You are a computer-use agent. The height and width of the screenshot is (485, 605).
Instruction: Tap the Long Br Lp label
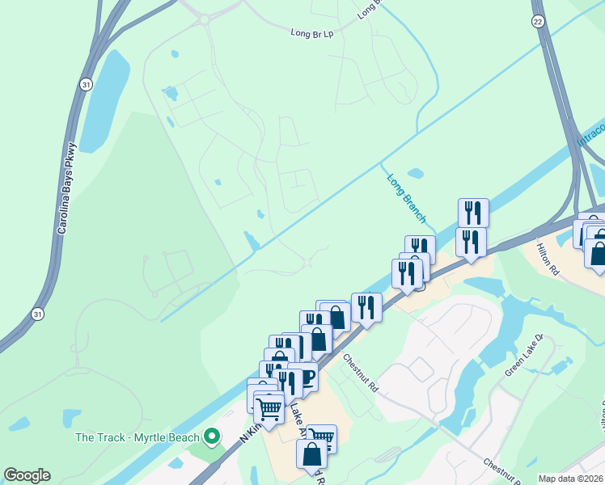[312, 33]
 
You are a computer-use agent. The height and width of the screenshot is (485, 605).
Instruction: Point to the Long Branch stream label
[405, 198]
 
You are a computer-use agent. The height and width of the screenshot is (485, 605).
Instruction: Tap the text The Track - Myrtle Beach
[137, 438]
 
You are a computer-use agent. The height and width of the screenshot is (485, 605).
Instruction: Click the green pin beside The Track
[213, 437]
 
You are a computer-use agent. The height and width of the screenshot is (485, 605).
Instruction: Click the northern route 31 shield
[86, 83]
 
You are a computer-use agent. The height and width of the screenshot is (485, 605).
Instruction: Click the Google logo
[27, 475]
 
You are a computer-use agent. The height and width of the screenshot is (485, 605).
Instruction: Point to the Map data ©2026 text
[570, 479]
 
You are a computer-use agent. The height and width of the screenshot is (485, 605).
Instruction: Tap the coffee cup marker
[303, 376]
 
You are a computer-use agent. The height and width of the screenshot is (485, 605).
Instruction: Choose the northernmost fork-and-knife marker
[473, 213]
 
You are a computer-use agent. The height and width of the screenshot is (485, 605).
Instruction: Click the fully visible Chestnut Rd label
[360, 372]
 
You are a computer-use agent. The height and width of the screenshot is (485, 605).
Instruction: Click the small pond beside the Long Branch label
[416, 173]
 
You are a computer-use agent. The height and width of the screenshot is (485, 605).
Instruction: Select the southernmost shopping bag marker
[312, 454]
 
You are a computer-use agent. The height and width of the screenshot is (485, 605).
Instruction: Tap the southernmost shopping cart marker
[321, 438]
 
